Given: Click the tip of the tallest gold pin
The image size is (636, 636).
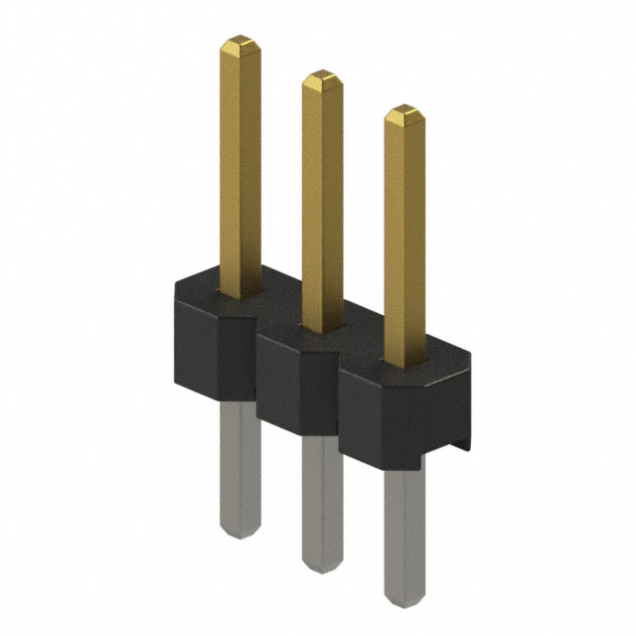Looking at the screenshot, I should (239, 44).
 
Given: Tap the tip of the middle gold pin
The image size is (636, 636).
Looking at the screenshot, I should (321, 77).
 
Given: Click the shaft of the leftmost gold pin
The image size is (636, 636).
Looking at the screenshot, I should (239, 169).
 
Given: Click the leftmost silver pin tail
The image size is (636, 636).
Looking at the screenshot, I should (238, 467).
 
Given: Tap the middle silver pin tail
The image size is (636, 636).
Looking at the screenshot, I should (320, 502).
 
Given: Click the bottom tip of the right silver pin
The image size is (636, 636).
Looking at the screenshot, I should (403, 602).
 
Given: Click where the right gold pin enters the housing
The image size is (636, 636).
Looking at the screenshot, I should (404, 362).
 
